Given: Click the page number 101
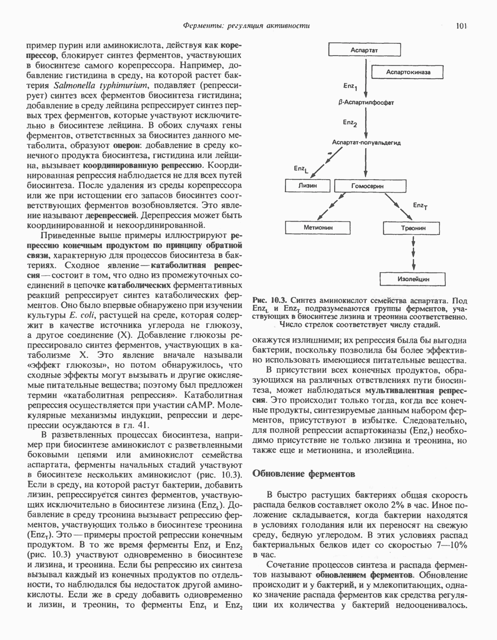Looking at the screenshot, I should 461,26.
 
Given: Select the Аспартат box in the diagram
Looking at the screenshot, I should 365,50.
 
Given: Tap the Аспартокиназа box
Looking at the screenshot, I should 408,72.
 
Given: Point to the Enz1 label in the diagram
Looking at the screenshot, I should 350,87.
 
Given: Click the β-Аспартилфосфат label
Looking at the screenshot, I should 367,103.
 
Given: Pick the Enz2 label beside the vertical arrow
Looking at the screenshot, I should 350,122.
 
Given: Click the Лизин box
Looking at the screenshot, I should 308,186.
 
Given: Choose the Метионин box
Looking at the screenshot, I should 318,228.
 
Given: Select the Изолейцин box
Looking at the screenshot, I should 413,279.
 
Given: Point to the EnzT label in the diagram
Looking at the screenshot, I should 420,206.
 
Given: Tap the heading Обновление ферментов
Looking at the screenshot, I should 303,474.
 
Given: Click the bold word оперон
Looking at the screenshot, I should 127,146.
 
